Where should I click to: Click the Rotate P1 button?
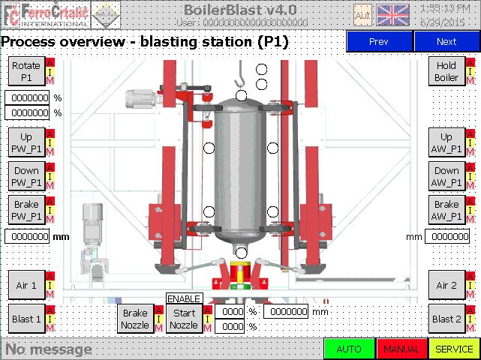[x=26, y=71]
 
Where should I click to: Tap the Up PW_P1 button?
[x=26, y=142]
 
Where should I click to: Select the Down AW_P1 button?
[x=446, y=176]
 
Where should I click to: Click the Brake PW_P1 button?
[x=26, y=210]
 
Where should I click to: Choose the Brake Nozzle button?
[x=135, y=319]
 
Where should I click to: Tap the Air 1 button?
[x=26, y=285]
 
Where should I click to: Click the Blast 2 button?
[x=446, y=319]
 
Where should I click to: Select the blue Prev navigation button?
[x=379, y=41]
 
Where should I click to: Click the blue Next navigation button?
[x=446, y=41]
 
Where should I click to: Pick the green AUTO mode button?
[x=350, y=349]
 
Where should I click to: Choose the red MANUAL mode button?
[x=402, y=349]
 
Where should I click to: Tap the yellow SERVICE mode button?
[x=454, y=349]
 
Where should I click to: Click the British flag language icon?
[x=392, y=15]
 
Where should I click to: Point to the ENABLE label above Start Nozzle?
[x=184, y=298]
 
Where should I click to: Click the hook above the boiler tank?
[x=239, y=74]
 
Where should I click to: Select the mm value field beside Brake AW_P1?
[x=447, y=236]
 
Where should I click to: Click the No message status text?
[x=49, y=349]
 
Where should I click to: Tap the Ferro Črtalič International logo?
[x=46, y=15]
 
